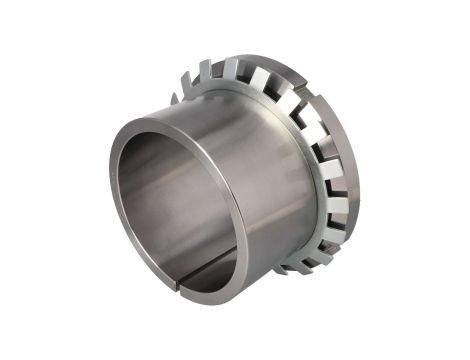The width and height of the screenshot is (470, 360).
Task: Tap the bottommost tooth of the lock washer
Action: click(x=291, y=268)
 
